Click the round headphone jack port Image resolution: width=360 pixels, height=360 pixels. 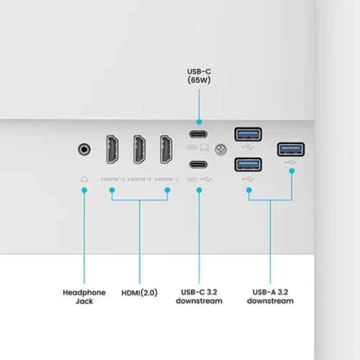click(84, 149)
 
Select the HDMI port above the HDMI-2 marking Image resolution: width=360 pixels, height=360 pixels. click(140, 149)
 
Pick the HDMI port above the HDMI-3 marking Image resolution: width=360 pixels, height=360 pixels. click(112, 149)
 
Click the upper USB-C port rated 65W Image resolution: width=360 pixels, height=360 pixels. click(198, 134)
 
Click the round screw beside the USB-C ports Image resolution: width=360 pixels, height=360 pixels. click(220, 149)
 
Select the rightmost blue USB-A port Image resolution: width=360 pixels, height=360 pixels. click(291, 149)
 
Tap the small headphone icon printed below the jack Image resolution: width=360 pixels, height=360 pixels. click(84, 179)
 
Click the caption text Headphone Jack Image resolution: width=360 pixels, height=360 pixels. click(84, 297)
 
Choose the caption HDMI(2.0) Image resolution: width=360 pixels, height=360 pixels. click(140, 293)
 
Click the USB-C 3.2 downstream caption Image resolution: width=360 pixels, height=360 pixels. click(199, 297)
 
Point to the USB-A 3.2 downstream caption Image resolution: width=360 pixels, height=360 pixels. click(270, 297)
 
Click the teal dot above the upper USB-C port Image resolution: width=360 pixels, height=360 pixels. click(199, 122)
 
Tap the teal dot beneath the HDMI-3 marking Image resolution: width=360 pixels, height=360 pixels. click(112, 190)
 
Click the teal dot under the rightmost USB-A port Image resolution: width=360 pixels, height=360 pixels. click(292, 171)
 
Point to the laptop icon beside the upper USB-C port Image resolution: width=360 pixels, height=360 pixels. click(204, 147)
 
